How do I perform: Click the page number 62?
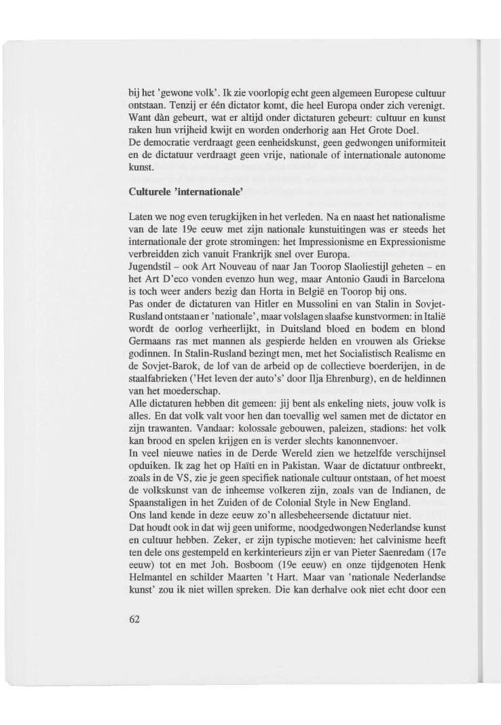134,621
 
